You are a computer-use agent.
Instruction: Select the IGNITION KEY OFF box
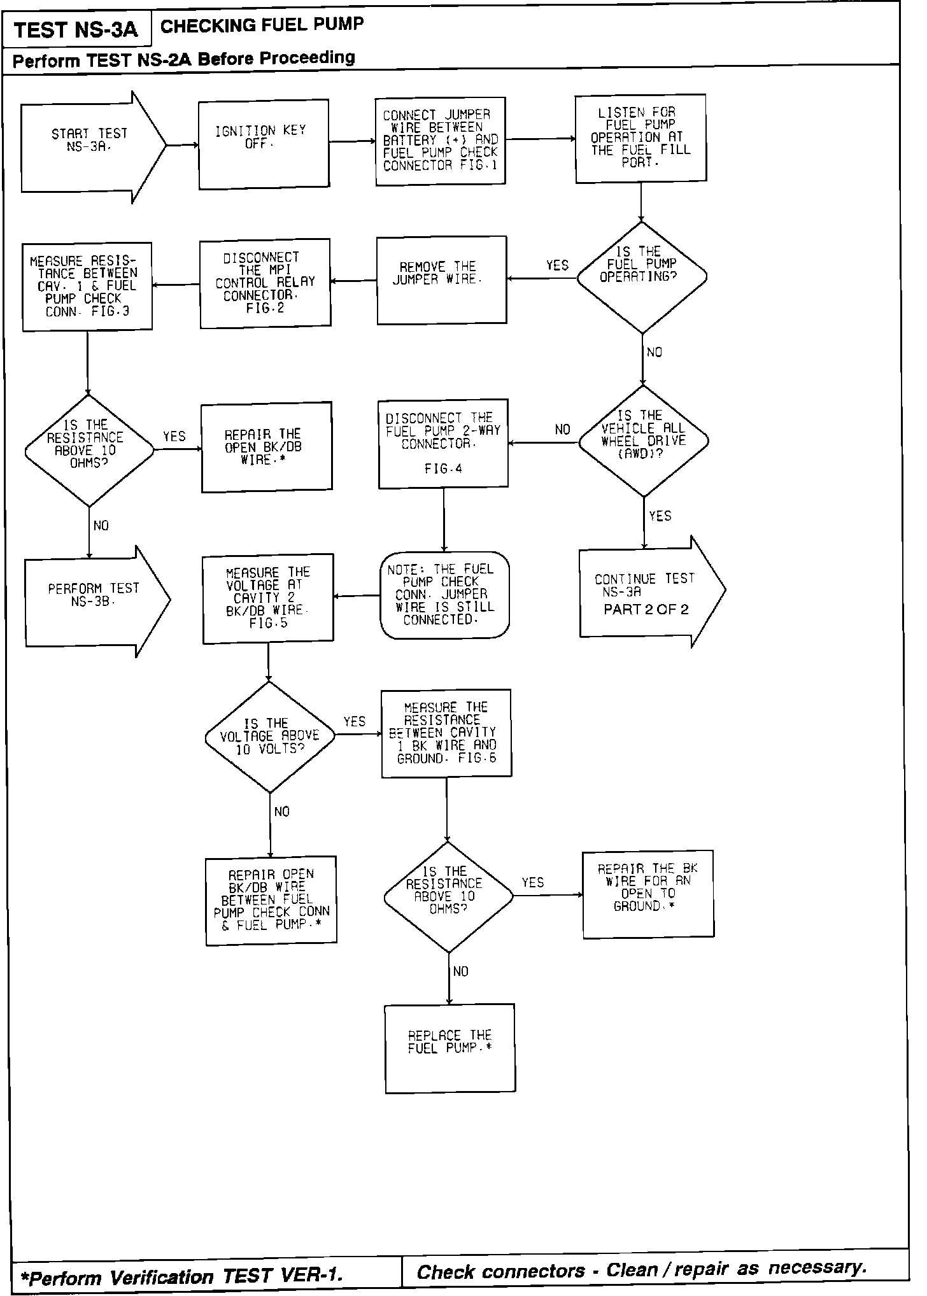(x=264, y=145)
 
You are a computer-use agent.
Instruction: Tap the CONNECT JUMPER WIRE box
(x=441, y=141)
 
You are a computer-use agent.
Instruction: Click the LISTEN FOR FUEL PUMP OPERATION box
(x=640, y=138)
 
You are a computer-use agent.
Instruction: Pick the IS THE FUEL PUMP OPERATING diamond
(x=642, y=277)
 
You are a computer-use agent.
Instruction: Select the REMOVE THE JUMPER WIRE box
(x=442, y=280)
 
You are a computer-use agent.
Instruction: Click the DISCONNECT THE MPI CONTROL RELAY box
(x=265, y=283)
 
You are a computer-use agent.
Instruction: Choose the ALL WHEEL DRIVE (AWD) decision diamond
(x=643, y=440)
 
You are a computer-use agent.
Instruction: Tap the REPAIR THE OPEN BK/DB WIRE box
(x=266, y=446)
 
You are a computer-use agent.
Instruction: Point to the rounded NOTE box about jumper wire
(x=444, y=595)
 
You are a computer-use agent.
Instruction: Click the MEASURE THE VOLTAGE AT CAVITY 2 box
(x=268, y=598)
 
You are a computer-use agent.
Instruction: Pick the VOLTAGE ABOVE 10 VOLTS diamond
(x=270, y=737)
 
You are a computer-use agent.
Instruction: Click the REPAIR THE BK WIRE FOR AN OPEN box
(x=648, y=893)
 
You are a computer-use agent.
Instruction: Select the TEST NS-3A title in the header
(x=76, y=31)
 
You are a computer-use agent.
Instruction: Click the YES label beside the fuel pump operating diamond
(x=557, y=265)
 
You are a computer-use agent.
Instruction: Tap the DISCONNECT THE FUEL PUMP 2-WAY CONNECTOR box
(x=443, y=444)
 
